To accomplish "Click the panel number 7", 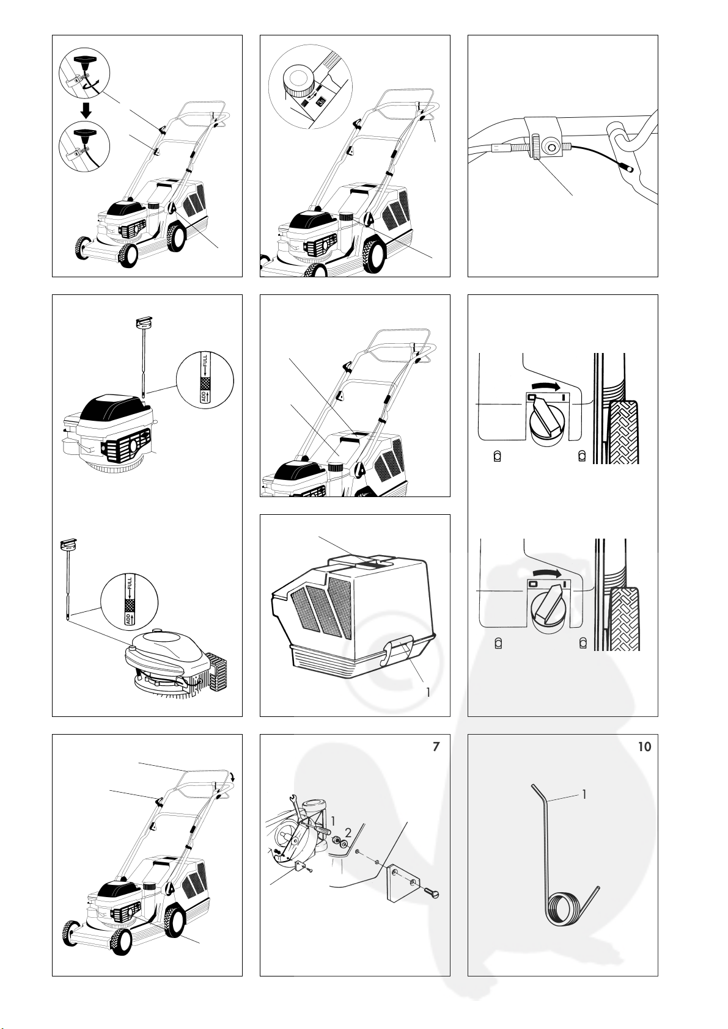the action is pyautogui.click(x=436, y=747).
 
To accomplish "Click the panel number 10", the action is pyautogui.click(x=644, y=747).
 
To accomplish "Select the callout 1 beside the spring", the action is pyautogui.click(x=584, y=794).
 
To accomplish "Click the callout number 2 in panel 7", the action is pyautogui.click(x=348, y=832).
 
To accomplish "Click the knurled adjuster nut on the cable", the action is pyautogui.click(x=535, y=147).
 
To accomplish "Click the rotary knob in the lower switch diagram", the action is pyautogui.click(x=547, y=607).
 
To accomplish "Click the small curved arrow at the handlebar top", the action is pyautogui.click(x=233, y=776).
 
